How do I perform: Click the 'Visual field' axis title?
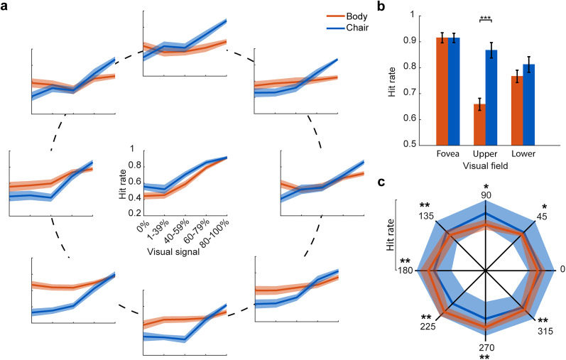click(486, 165)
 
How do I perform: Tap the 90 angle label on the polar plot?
click(486, 195)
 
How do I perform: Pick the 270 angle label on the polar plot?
click(486, 347)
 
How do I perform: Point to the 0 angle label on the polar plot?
click(562, 270)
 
